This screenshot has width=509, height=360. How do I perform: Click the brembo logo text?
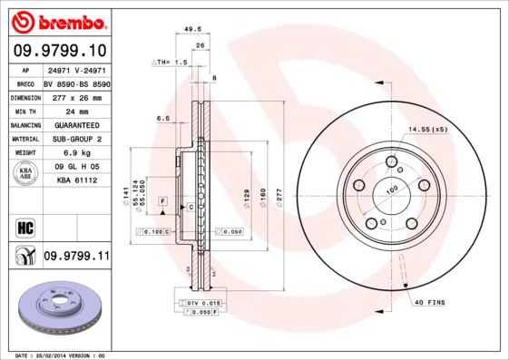coord(56,20)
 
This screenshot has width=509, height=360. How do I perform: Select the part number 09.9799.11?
coord(76,257)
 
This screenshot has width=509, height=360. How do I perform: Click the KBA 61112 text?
coord(77,181)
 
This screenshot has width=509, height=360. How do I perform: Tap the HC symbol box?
coord(24,226)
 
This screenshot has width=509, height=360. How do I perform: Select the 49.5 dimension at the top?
coord(192,29)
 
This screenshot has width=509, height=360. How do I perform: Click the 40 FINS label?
coord(429,302)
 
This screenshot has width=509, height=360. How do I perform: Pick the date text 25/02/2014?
coord(58,355)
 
